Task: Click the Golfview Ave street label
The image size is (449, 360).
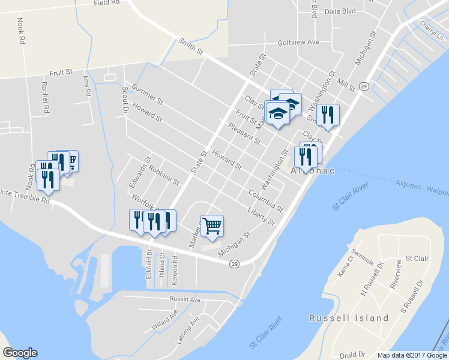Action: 298,43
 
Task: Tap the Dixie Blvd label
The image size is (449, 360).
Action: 340,11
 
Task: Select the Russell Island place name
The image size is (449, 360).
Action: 349,318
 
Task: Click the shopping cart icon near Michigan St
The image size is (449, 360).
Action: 212,226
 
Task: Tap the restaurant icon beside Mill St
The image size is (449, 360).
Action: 328,114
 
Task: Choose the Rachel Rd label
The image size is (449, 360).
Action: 44,98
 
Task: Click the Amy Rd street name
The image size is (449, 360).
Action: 86,86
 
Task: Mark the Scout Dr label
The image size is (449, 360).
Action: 125,99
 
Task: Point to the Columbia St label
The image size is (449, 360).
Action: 265,200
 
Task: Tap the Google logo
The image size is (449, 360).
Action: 20,353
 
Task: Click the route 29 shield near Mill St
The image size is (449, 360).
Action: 364,86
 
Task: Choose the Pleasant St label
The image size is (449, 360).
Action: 244,134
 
